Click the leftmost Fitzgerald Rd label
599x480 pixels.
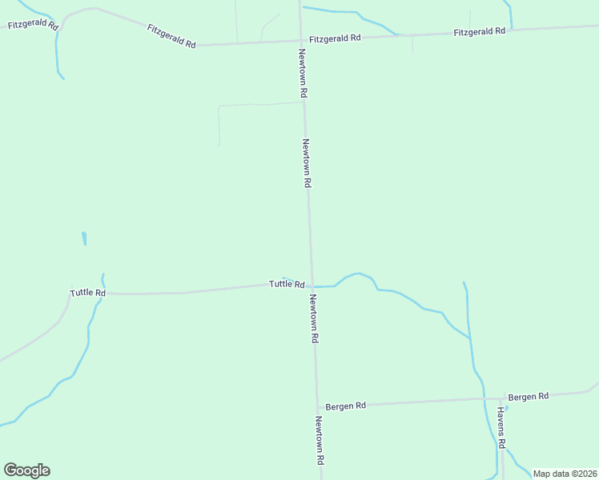33,26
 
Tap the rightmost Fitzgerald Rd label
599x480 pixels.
479,31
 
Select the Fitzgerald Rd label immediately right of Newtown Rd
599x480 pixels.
336,38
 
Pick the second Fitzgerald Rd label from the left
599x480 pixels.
171,36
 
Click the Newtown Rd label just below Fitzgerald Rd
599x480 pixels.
303,74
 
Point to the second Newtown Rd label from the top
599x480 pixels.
306,163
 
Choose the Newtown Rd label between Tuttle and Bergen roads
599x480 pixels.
314,318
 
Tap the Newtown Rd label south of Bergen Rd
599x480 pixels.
320,441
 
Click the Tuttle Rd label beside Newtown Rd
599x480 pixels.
286,284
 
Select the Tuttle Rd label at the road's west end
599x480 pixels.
88,293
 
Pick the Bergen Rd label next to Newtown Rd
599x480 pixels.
346,406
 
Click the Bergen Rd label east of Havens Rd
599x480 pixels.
529,396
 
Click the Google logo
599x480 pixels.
26,470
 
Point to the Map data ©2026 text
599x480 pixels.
564,474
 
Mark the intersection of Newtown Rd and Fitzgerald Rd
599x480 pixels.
301,41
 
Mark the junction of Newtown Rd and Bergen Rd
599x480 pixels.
317,406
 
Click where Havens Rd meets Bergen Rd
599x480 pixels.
502,398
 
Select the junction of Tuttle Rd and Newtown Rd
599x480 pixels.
312,286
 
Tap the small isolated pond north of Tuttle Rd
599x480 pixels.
84,238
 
